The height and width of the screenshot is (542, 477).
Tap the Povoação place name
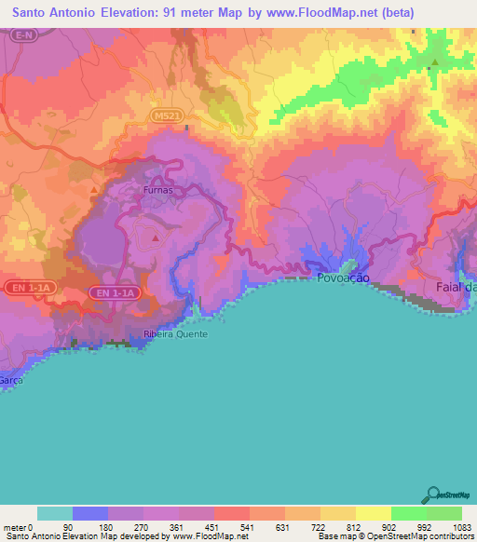(344, 278)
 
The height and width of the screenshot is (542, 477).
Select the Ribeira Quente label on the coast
(176, 333)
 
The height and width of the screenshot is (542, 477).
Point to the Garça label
(10, 380)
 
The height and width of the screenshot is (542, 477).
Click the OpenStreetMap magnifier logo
(432, 494)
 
